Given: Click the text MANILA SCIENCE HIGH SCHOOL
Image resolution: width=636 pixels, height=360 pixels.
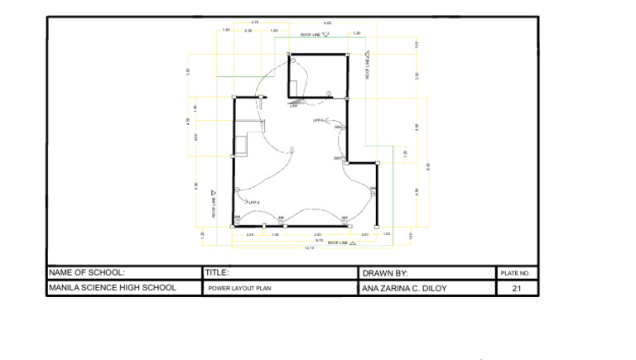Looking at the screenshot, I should pyautogui.click(x=112, y=288).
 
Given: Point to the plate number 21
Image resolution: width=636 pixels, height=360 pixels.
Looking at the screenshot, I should pyautogui.click(x=518, y=289).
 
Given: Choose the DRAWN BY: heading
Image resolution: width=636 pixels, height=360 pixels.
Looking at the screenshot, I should pyautogui.click(x=385, y=272).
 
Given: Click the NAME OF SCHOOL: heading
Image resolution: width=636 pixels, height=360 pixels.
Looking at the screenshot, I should pyautogui.click(x=87, y=272).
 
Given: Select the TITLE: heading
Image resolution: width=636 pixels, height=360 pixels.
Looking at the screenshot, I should pyautogui.click(x=217, y=272).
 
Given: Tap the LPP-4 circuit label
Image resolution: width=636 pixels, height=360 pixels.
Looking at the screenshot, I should pyautogui.click(x=254, y=202).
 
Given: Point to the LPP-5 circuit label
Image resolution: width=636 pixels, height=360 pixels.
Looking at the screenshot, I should pyautogui.click(x=319, y=120).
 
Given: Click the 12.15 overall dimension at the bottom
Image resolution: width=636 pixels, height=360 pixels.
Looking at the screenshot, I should pyautogui.click(x=310, y=247).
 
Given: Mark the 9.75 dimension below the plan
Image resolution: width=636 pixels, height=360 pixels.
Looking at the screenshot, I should pyautogui.click(x=319, y=241).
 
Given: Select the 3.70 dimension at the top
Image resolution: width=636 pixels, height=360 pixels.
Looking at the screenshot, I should pyautogui.click(x=255, y=22).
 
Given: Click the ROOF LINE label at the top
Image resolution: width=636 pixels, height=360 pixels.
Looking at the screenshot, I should pyautogui.click(x=311, y=36).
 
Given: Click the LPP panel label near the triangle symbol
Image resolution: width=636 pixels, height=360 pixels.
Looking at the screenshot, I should pyautogui.click(x=292, y=106).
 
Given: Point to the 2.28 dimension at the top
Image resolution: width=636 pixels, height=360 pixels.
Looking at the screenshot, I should pyautogui.click(x=248, y=30).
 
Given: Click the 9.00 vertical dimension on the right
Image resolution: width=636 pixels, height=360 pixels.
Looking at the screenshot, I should pyautogui.click(x=428, y=166).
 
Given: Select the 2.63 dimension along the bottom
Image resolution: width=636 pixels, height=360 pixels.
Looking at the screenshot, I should pyautogui.click(x=364, y=235).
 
